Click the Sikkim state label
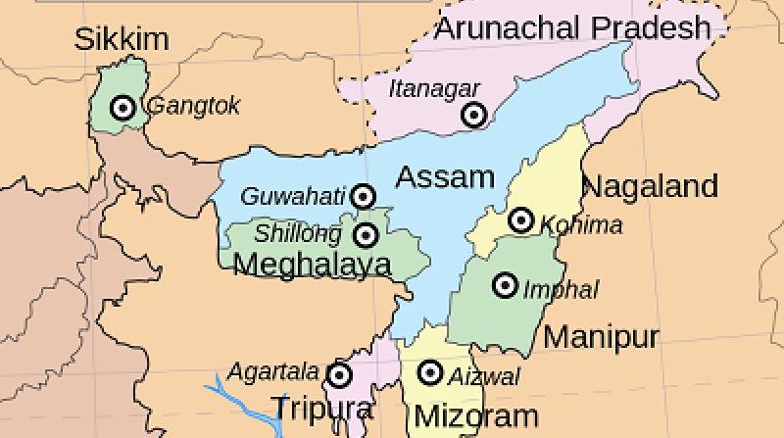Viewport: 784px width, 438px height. [122, 40]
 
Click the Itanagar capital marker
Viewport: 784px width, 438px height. [473, 115]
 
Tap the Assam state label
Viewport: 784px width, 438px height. [445, 177]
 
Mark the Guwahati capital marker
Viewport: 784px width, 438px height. [364, 196]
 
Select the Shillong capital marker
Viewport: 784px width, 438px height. [367, 235]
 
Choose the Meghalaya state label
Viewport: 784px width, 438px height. [313, 264]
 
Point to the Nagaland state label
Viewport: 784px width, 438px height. [650, 185]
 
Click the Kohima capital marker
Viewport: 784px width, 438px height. [521, 220]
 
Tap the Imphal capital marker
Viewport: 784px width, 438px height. [505, 285]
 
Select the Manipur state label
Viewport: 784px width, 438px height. [601, 337]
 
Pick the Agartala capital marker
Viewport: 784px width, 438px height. [339, 374]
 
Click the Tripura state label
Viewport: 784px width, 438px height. [322, 408]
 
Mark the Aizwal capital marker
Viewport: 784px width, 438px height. [429, 372]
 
